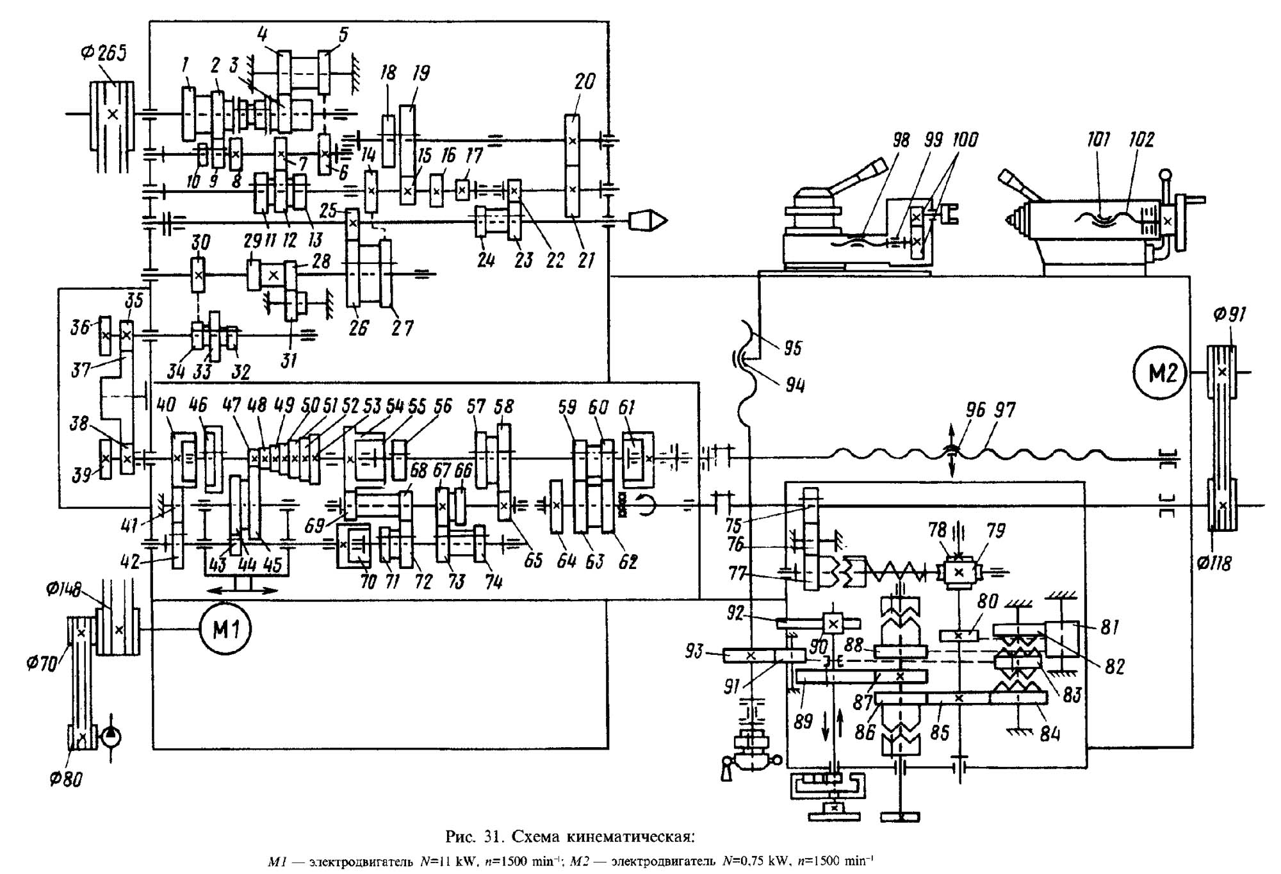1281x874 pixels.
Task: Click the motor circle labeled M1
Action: coord(225,629)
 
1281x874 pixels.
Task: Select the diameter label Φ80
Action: coord(66,780)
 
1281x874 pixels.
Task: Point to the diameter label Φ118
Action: coord(1214,563)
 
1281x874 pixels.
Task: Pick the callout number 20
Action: coord(585,81)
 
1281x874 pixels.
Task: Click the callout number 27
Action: coord(402,328)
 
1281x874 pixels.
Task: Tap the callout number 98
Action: coord(901,140)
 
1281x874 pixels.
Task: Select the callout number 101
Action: coord(1098,139)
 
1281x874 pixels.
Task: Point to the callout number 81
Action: coord(1109,627)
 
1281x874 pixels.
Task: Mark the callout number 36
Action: coord(80,328)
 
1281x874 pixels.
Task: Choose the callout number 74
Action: coord(493,581)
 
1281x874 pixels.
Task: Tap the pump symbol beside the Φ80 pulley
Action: coord(110,736)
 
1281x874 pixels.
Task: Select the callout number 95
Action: coord(793,348)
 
